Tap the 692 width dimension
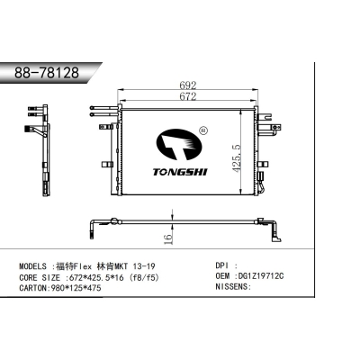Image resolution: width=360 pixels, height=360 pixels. coord(187,87)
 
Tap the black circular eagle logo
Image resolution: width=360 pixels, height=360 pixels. coord(185,145)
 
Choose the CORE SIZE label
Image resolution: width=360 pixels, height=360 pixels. coord(46,278)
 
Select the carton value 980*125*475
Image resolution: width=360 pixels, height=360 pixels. coord(87,288)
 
